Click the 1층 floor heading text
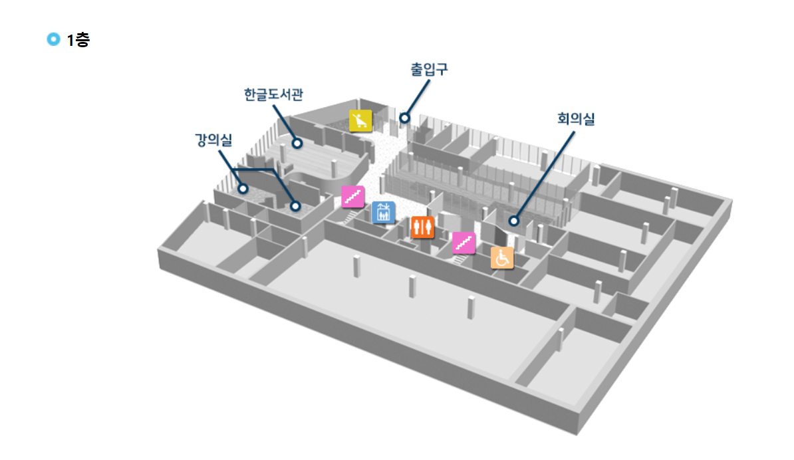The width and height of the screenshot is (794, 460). [78, 40]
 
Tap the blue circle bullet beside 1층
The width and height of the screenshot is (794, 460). [53, 39]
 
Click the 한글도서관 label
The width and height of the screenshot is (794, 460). [273, 94]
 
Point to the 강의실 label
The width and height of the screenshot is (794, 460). [213, 140]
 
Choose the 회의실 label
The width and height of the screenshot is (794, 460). [576, 120]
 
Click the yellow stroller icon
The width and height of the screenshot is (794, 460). [360, 121]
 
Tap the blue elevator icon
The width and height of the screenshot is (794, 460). [383, 212]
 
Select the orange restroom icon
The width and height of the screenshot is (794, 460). [422, 227]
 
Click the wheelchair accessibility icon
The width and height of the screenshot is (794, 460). [502, 257]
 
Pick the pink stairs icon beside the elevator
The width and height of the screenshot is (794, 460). [352, 197]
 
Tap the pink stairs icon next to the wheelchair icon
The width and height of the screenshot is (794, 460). [463, 243]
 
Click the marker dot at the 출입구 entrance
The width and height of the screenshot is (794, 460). [404, 118]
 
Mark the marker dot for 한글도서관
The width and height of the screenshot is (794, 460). [297, 143]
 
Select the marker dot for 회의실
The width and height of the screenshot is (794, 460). [513, 221]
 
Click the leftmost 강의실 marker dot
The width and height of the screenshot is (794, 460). [243, 189]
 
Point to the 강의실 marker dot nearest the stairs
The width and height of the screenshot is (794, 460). [295, 206]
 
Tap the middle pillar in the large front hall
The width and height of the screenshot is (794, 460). [413, 286]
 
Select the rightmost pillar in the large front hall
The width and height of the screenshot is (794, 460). [471, 307]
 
